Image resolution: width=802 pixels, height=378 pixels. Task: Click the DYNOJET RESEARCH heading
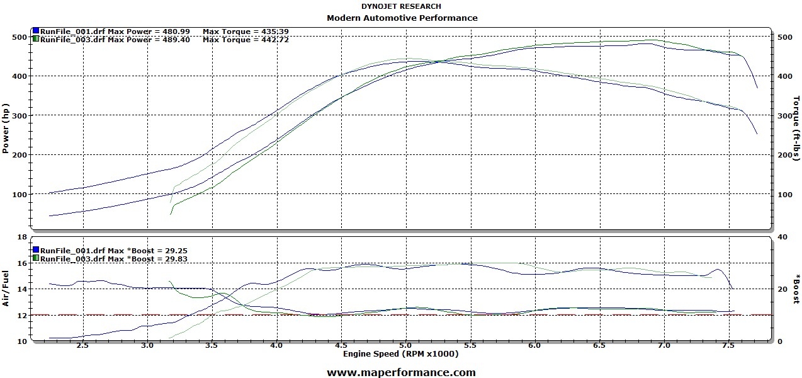(401, 7)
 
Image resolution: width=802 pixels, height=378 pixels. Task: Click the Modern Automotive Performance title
(402, 18)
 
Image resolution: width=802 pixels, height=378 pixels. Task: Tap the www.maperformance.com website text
(401, 372)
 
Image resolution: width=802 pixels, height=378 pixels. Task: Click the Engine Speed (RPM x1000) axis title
(401, 354)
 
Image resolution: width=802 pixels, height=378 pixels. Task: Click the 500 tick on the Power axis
(20, 37)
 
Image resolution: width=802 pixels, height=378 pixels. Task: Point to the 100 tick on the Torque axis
(785, 195)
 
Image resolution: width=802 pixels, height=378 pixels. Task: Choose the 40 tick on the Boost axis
(783, 237)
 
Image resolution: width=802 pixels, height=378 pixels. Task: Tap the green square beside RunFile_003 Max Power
(36, 39)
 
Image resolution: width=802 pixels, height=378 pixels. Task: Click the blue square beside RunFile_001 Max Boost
(36, 250)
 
